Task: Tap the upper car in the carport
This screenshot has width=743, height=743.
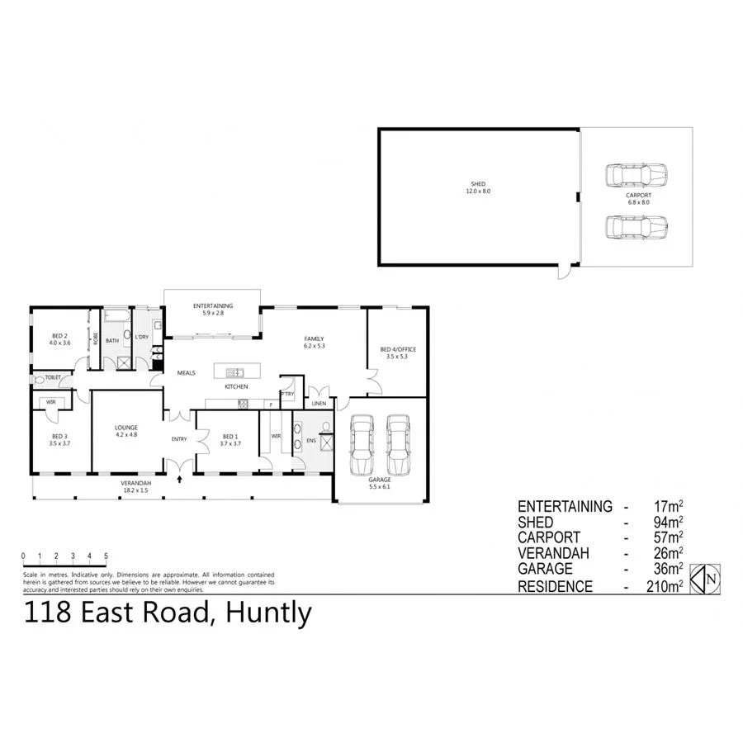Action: click(x=636, y=175)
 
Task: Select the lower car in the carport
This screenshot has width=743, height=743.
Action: click(x=636, y=225)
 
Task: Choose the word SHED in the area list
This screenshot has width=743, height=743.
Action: click(x=537, y=523)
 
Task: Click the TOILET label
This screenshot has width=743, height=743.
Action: click(x=53, y=377)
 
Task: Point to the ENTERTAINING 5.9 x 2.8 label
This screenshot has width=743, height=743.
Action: click(x=213, y=310)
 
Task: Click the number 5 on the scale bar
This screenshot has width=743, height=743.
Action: click(x=106, y=556)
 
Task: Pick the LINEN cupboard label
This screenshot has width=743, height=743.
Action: click(x=319, y=403)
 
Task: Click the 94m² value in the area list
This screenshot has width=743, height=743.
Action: click(x=667, y=523)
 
